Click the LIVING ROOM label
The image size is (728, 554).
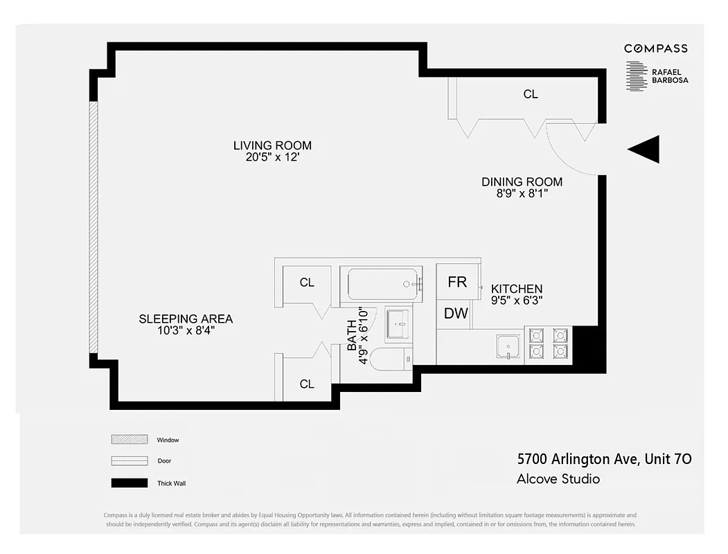(x=272, y=145)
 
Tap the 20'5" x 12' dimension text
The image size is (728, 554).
(x=272, y=157)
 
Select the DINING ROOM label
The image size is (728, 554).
(x=522, y=182)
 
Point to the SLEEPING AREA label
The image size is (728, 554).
(x=186, y=319)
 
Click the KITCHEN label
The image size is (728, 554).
(x=517, y=289)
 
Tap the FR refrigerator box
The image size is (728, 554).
(x=457, y=282)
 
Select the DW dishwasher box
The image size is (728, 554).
(x=456, y=313)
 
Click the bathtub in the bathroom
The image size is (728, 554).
(x=384, y=283)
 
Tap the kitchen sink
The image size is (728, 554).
(x=508, y=345)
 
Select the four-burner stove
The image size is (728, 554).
(x=548, y=343)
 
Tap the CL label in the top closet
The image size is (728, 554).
(x=531, y=94)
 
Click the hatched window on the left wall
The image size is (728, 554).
(x=94, y=228)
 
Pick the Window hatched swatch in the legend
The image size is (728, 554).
(x=130, y=440)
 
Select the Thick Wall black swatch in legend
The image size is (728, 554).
(x=130, y=483)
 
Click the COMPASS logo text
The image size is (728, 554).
(x=655, y=48)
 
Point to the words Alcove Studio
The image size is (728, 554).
(x=558, y=479)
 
